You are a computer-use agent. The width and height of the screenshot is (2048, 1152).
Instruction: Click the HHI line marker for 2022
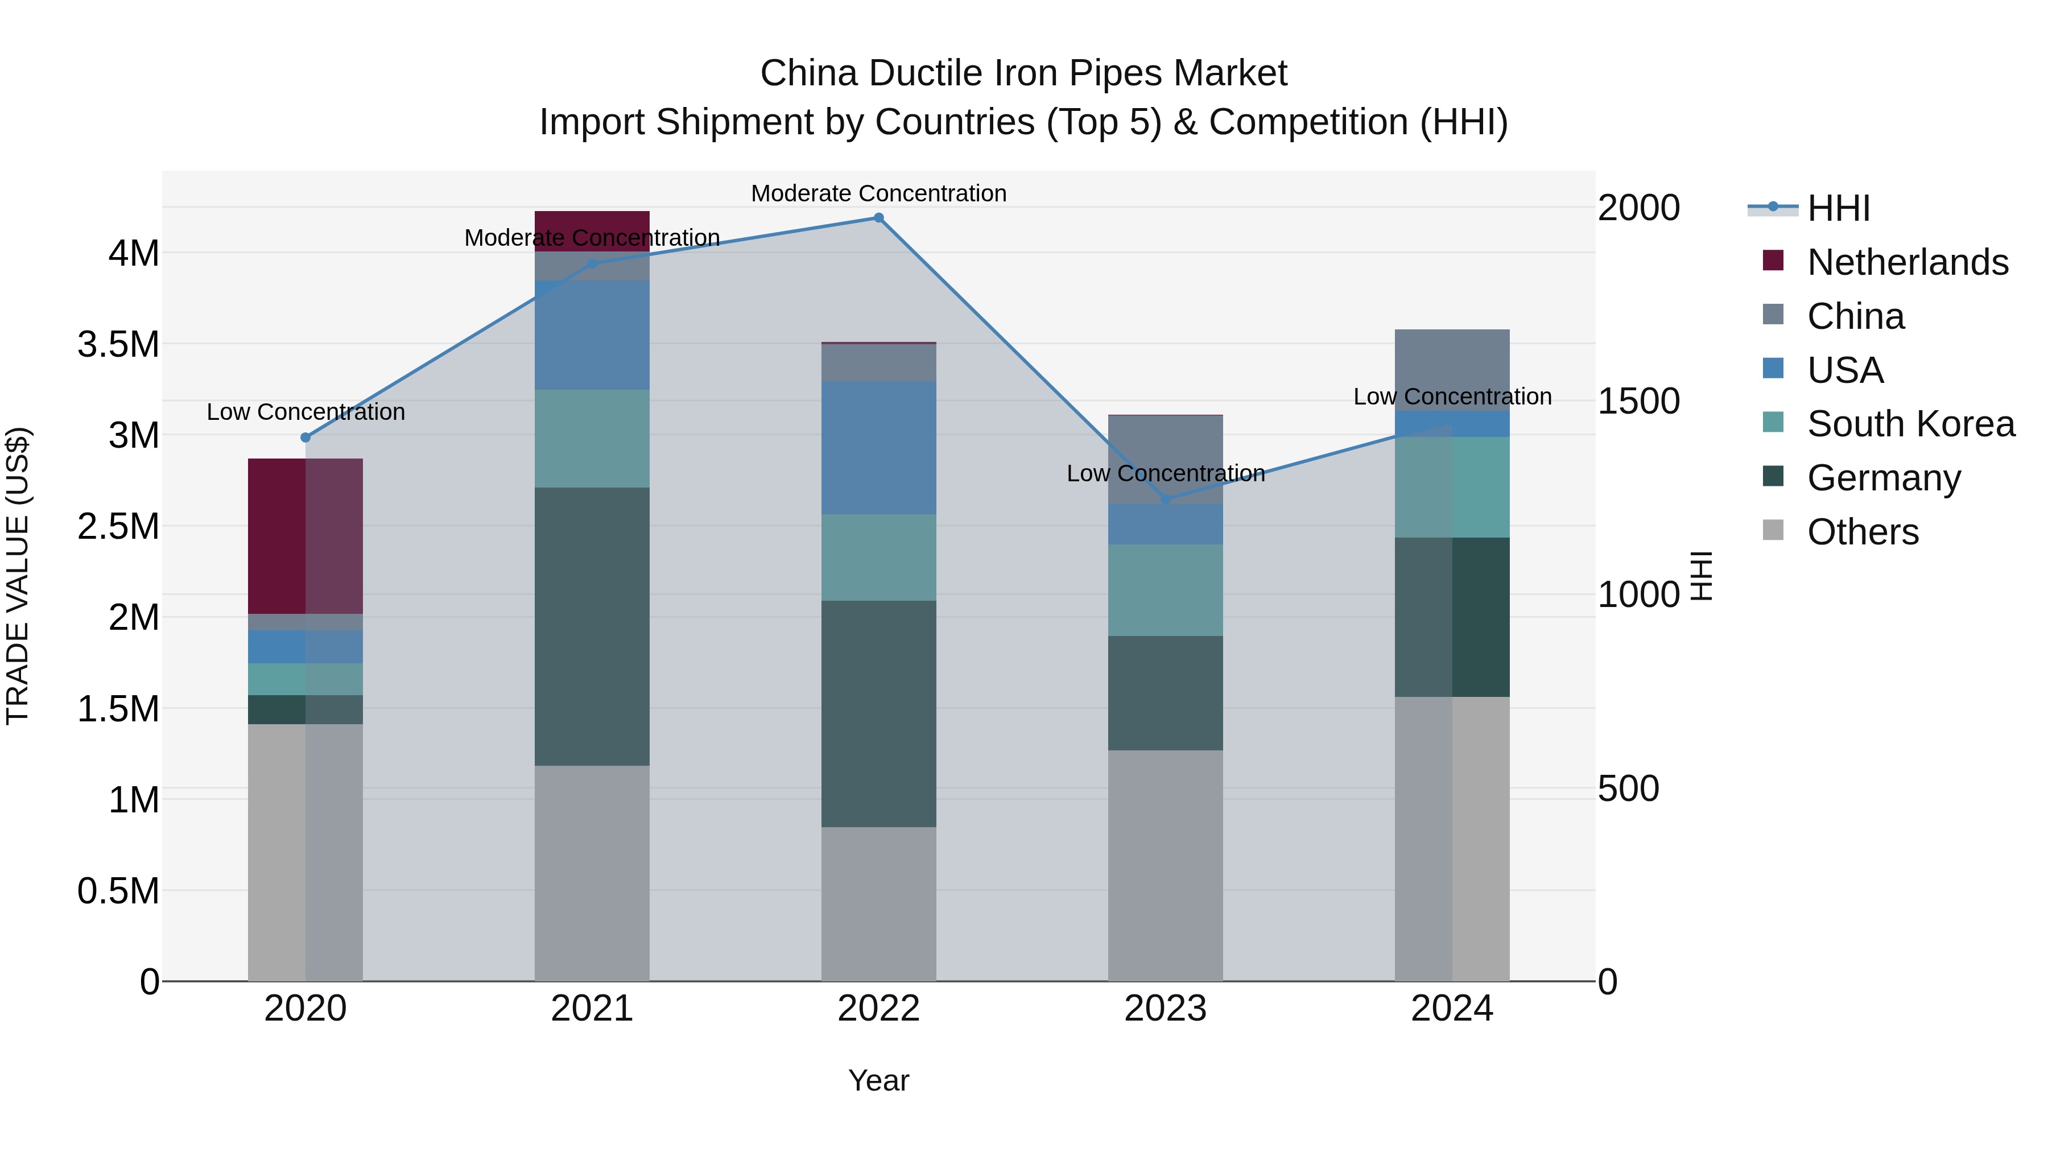[878, 218]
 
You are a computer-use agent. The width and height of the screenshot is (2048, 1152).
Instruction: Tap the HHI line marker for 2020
[305, 437]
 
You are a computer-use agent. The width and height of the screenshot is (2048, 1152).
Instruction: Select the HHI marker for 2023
[1166, 499]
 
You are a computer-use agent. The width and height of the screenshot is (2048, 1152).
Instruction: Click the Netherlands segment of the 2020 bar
[305, 536]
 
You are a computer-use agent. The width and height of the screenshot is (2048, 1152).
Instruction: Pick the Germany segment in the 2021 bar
[592, 626]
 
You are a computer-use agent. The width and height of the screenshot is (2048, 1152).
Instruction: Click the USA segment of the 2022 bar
[878, 448]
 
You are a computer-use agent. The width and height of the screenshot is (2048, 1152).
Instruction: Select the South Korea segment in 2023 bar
[1166, 590]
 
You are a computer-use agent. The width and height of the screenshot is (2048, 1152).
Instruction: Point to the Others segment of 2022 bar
[878, 904]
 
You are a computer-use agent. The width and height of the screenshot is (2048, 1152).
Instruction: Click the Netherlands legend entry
[1906, 262]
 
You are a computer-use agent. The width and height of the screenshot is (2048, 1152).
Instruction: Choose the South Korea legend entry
[1910, 424]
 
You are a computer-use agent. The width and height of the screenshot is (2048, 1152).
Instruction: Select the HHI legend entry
[1838, 208]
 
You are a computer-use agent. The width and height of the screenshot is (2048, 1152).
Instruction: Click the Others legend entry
[1862, 532]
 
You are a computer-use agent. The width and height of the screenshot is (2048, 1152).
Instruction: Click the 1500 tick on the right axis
[1638, 402]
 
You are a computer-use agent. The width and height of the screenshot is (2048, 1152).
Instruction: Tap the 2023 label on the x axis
[1166, 1009]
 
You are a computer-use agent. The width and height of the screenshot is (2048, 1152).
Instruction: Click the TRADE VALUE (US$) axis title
[18, 576]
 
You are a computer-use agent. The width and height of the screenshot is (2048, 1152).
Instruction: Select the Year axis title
[878, 1080]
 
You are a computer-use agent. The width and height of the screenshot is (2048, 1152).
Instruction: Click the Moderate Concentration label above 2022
[878, 193]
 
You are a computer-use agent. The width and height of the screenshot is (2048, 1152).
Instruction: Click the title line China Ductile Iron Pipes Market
[1023, 73]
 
